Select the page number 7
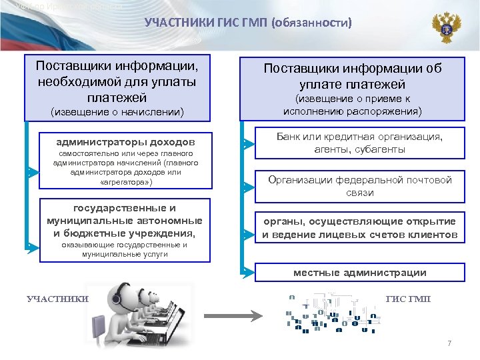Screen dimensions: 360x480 point(449,343)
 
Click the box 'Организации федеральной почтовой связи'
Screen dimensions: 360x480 point(359,186)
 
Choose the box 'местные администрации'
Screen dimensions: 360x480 point(360,272)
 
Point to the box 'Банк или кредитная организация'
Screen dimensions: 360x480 point(359,143)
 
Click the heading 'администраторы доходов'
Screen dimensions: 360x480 point(125,142)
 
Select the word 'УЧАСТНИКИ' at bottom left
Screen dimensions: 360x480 point(57,298)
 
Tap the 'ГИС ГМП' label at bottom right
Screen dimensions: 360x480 point(409,298)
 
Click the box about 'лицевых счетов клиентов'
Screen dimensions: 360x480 point(359,228)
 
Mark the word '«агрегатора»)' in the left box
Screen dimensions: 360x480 point(125,182)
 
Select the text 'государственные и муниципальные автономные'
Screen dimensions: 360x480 point(125,214)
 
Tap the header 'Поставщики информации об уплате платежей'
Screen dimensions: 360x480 point(353,77)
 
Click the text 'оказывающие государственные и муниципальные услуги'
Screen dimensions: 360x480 point(125,249)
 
